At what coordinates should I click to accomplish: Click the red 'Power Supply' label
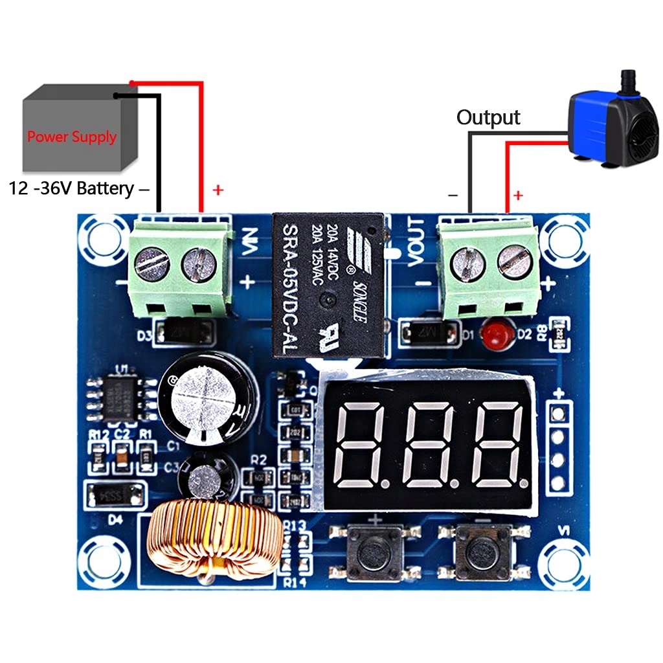click(x=72, y=137)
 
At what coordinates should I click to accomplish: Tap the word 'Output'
click(x=488, y=117)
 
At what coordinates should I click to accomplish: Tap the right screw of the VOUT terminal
click(x=515, y=260)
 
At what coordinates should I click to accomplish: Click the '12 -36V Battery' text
click(x=71, y=188)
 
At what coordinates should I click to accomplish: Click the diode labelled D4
click(x=115, y=494)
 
